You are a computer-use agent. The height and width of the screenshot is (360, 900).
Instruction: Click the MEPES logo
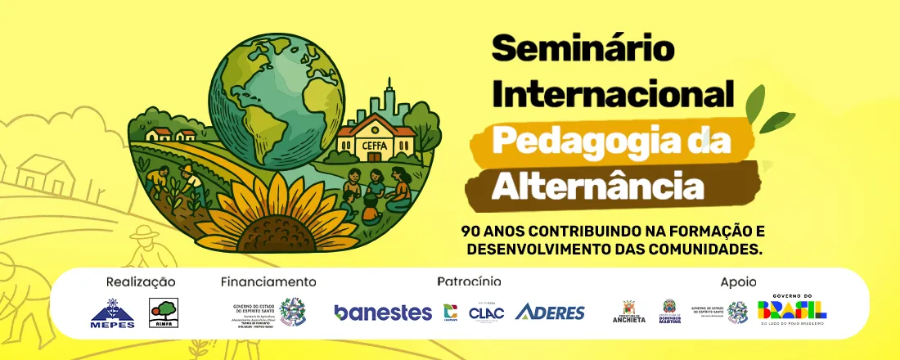pyautogui.click(x=112, y=313)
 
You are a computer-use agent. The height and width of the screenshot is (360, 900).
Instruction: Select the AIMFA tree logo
pyautogui.click(x=162, y=313)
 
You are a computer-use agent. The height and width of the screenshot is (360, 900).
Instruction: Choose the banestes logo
pyautogui.click(x=383, y=313)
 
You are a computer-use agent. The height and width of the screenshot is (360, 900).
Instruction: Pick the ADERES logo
pyautogui.click(x=550, y=312)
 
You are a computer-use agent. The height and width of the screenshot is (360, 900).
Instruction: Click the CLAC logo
pyautogui.click(x=486, y=312)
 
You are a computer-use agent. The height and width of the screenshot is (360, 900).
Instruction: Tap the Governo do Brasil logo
pyautogui.click(x=791, y=310)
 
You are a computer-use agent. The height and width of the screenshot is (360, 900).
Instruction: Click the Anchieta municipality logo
pyautogui.click(x=629, y=312)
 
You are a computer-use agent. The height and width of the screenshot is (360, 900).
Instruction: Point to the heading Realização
pyautogui.click(x=141, y=282)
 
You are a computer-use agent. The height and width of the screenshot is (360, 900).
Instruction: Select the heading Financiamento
pyautogui.click(x=268, y=282)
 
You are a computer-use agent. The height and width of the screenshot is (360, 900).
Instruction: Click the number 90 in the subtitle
pyautogui.click(x=471, y=232)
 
